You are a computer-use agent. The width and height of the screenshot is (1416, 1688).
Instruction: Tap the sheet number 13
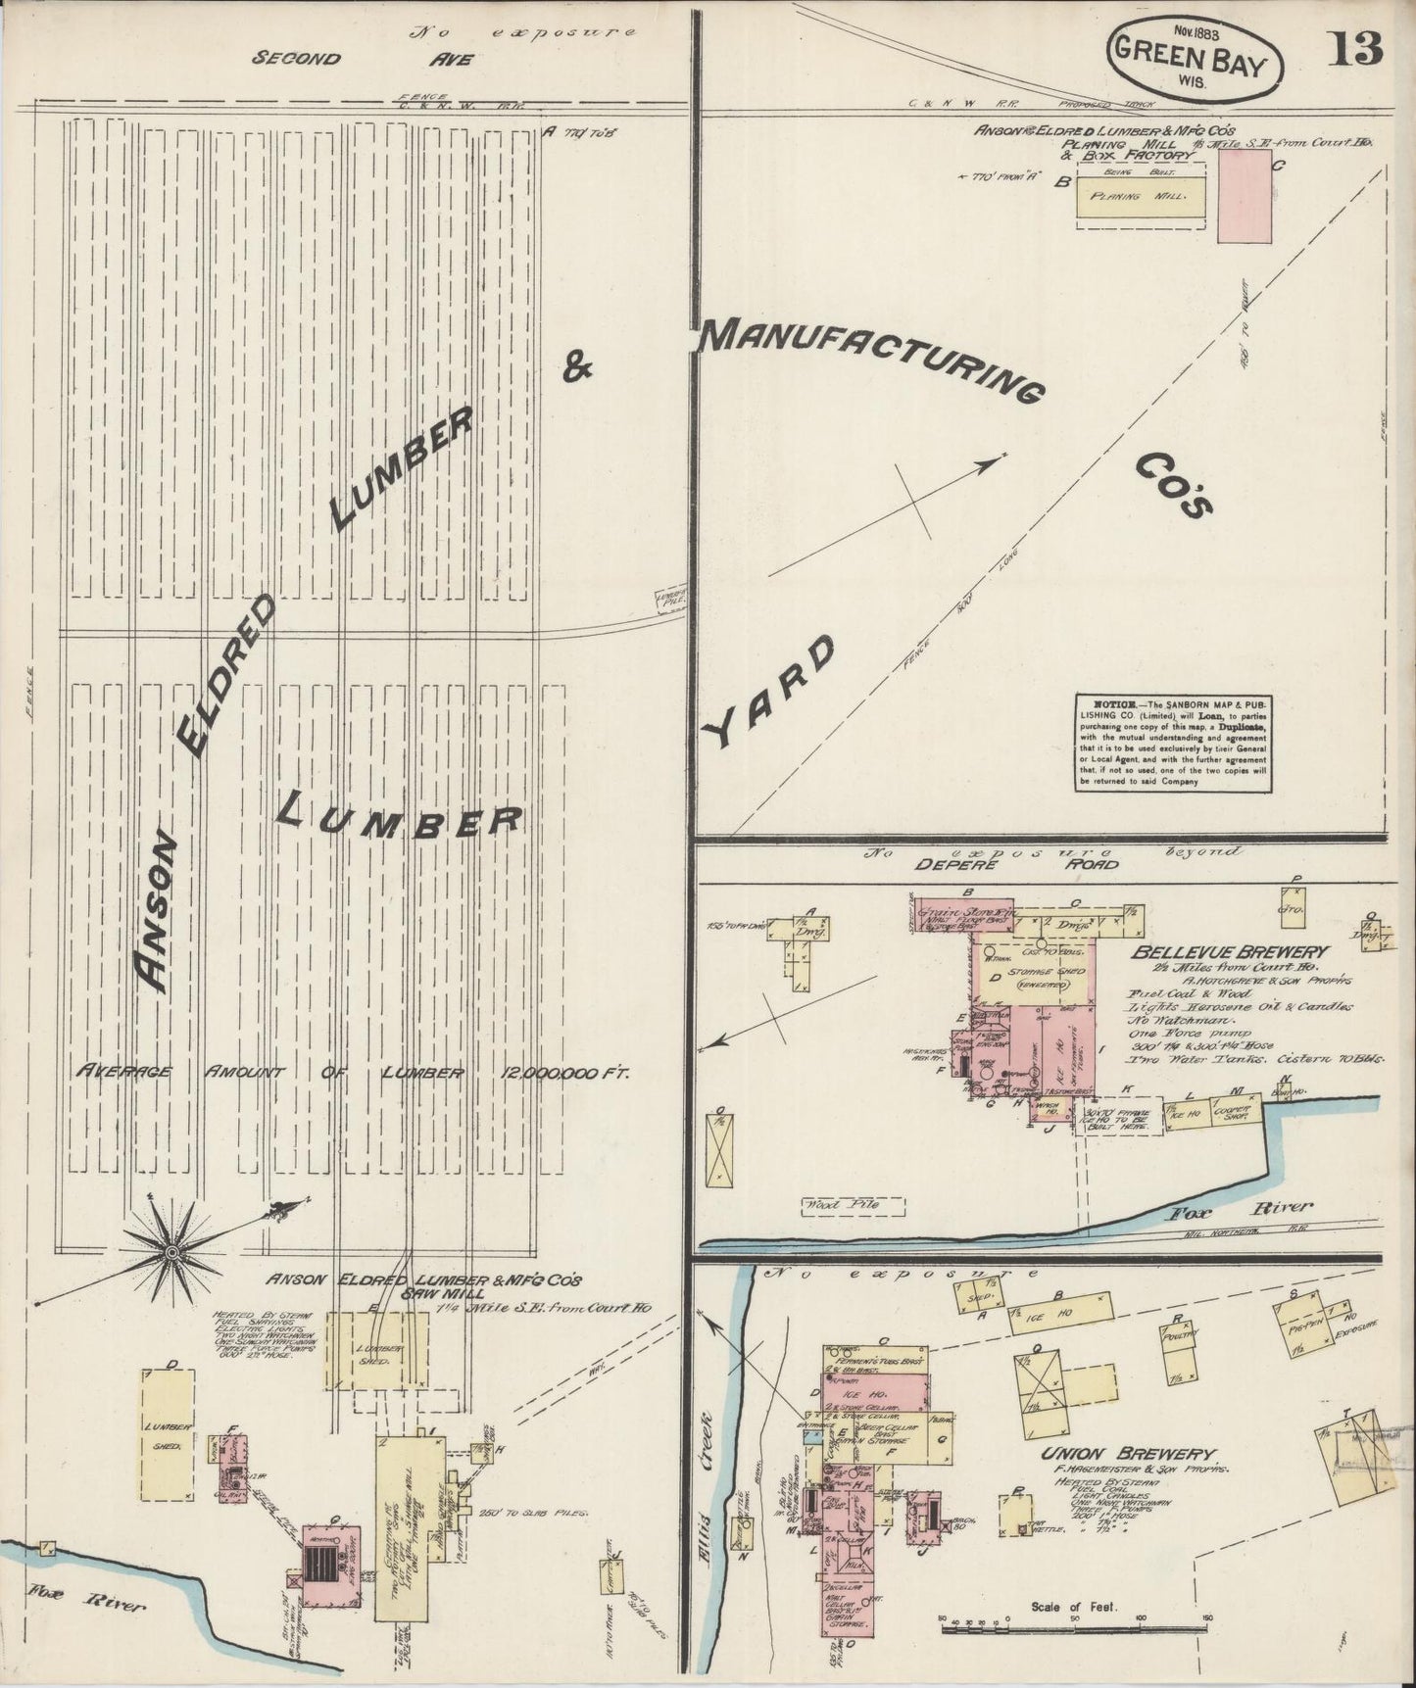(1355, 49)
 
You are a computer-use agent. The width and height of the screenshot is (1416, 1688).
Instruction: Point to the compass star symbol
(172, 1252)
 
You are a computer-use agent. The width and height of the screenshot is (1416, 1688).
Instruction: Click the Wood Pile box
(842, 1203)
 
